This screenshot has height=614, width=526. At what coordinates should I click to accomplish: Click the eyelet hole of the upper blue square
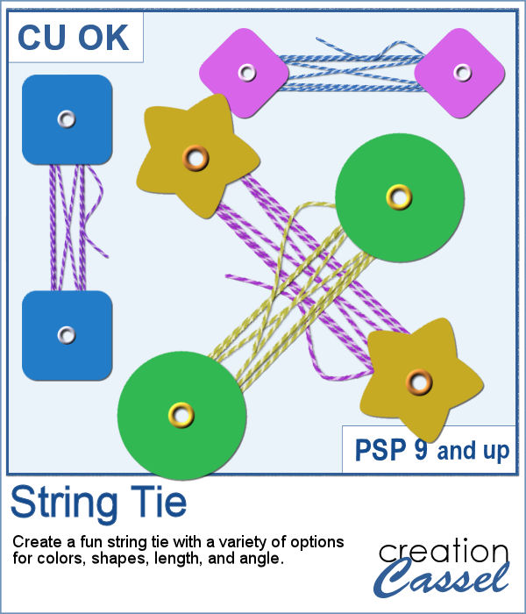(67, 118)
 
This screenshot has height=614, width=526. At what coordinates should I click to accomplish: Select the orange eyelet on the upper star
(196, 159)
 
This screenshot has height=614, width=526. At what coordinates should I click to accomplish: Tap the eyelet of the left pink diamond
(244, 69)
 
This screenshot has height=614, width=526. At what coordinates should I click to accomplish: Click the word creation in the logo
(444, 552)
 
